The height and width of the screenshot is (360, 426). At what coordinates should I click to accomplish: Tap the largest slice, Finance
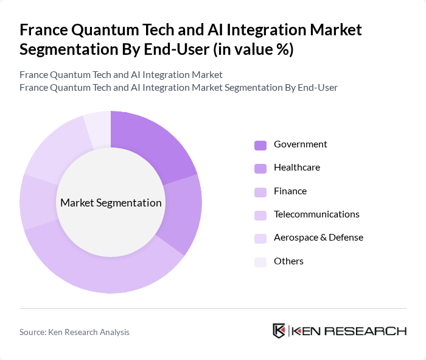tap(103, 269)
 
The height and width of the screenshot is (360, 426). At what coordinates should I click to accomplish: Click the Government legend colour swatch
tap(260, 145)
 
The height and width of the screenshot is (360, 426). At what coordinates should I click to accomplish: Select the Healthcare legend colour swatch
tap(260, 168)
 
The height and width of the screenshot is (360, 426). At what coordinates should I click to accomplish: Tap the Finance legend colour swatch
tap(260, 192)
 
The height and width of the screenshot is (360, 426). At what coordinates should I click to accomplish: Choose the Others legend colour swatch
tap(260, 262)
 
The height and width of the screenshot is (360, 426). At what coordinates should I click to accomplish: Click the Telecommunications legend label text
tap(316, 214)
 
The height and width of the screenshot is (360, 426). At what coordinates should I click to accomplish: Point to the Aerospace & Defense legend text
tap(318, 238)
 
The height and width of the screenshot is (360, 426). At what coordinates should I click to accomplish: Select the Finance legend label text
tap(290, 191)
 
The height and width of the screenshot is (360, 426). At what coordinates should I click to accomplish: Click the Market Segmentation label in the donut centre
tap(111, 203)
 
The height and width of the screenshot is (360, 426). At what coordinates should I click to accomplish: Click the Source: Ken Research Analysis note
tap(74, 332)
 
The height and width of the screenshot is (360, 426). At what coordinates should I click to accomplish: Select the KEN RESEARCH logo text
tap(349, 331)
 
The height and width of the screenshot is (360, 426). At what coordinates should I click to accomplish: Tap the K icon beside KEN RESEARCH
tap(279, 331)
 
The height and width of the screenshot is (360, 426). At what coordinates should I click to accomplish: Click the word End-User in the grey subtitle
tap(316, 87)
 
